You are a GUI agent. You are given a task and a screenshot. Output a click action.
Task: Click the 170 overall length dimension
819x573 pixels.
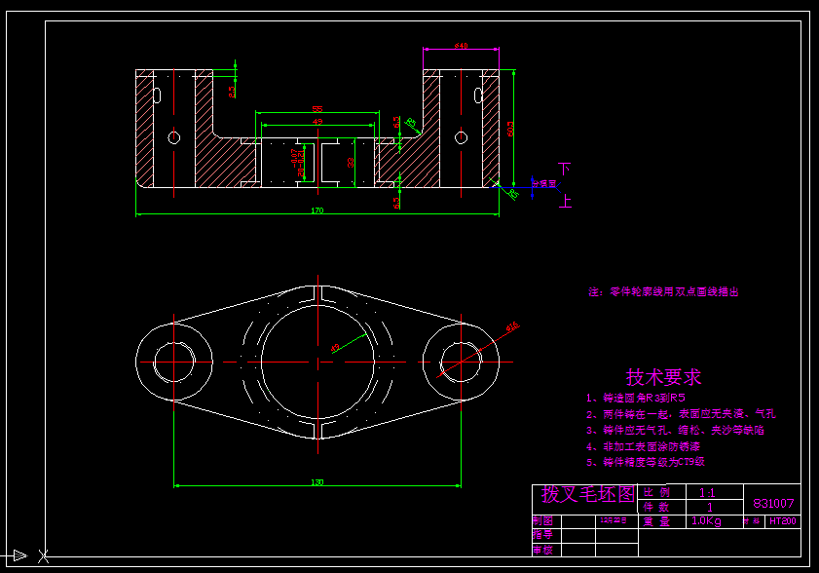pyautogui.click(x=316, y=210)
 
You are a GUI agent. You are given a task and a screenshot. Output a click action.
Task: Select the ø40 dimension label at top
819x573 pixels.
pyautogui.click(x=461, y=46)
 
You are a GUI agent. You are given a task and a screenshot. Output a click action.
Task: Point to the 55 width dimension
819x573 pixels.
pyautogui.click(x=317, y=109)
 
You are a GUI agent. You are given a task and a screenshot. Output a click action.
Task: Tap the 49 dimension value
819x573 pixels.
pyautogui.click(x=317, y=122)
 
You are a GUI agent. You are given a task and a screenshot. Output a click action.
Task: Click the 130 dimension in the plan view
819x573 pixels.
pyautogui.click(x=317, y=482)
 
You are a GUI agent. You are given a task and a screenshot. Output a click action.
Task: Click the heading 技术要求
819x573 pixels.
pyautogui.click(x=663, y=377)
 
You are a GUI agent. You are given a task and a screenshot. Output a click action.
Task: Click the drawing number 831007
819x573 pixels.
pyautogui.click(x=774, y=504)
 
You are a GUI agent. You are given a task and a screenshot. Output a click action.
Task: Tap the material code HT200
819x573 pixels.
pyautogui.click(x=782, y=521)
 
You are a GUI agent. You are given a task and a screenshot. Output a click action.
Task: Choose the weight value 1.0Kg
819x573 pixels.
pyautogui.click(x=706, y=521)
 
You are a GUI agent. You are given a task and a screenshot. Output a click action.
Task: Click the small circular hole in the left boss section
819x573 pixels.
pyautogui.click(x=174, y=136)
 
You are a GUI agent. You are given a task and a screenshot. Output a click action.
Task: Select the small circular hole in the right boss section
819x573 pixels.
pyautogui.click(x=461, y=136)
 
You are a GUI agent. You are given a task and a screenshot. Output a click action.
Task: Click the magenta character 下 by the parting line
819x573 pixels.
pyautogui.click(x=564, y=169)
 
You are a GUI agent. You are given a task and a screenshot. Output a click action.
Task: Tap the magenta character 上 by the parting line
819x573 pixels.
pyautogui.click(x=564, y=202)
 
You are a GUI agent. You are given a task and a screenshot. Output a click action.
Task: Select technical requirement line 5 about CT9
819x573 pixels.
pyautogui.click(x=645, y=462)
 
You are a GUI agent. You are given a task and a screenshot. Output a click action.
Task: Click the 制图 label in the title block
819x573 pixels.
pyautogui.click(x=542, y=521)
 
